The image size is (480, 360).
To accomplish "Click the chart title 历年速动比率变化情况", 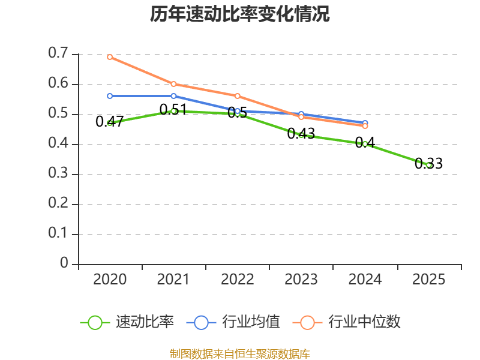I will (240, 15).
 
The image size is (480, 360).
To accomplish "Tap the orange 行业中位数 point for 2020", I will (110, 57).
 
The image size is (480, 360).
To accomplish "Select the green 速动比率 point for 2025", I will (429, 165).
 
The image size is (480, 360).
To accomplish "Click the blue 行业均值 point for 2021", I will (173, 96).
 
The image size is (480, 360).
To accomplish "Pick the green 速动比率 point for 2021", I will (173, 111).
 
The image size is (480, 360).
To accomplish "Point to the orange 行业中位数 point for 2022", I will (238, 96).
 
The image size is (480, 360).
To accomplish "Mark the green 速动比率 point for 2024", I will (365, 144).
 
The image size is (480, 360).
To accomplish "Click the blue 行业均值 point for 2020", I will (110, 96).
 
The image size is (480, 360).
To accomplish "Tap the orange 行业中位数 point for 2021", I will (173, 84).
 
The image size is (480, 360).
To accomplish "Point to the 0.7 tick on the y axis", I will (59, 54).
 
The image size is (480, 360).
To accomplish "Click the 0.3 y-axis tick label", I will (59, 174).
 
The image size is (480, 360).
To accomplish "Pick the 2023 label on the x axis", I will (301, 280).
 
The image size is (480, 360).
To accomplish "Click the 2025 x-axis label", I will (429, 280).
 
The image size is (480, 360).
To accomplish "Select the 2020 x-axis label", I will (110, 280).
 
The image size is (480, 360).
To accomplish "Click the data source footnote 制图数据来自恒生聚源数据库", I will (240, 353).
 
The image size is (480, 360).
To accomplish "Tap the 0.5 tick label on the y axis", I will (59, 114).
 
